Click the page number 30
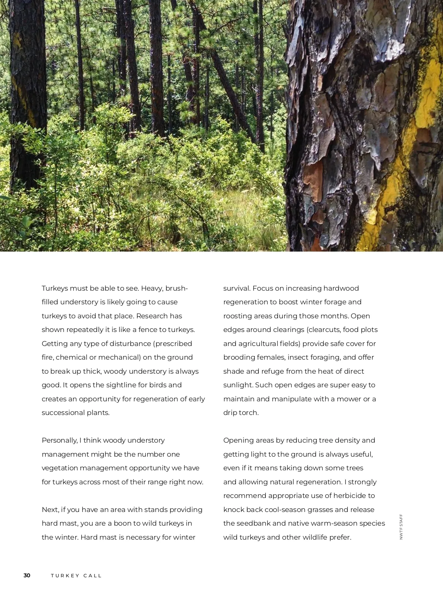pos(27,575)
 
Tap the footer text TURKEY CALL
pos(76,575)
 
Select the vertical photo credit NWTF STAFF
pos(401,527)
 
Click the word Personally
pos(59,440)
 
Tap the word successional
pos(63,413)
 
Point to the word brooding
pos(239,357)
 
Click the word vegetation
pos(59,468)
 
